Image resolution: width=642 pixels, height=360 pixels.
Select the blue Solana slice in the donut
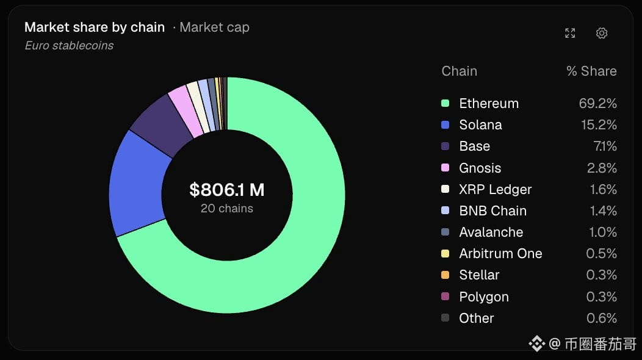click(x=137, y=184)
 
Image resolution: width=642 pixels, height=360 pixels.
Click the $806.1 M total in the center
click(x=227, y=190)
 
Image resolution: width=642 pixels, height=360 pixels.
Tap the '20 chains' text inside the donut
click(x=227, y=209)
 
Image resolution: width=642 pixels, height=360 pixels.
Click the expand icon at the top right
click(x=570, y=33)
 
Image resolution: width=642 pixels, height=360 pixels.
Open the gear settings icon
click(x=602, y=33)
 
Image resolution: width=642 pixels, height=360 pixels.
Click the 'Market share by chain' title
click(x=95, y=27)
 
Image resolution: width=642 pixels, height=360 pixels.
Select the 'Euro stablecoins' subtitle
click(x=69, y=46)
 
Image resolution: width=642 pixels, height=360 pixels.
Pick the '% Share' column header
click(x=591, y=71)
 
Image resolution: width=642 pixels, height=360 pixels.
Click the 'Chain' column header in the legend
click(x=459, y=71)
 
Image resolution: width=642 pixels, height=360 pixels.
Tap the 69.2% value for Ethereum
click(x=598, y=103)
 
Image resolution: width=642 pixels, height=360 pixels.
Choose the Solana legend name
click(x=480, y=124)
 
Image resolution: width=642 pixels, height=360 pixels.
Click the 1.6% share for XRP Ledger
click(x=603, y=189)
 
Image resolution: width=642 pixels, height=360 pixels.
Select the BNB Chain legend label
click(x=492, y=211)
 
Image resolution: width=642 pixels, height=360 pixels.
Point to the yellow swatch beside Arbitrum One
click(x=445, y=253)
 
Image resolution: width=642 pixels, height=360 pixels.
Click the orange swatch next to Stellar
click(x=445, y=275)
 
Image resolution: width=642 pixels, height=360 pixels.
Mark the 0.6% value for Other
click(x=602, y=318)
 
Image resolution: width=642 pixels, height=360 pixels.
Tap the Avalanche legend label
click(x=491, y=232)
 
